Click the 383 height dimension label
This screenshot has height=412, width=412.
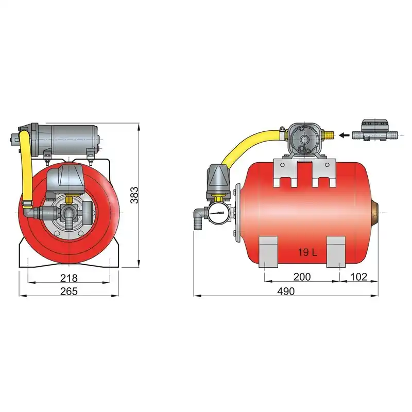134,195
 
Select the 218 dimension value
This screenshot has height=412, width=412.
69,278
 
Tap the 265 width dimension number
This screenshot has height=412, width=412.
69,291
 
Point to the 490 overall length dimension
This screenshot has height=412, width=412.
286,291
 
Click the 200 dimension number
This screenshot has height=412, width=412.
302,277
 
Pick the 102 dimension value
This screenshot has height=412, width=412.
358,277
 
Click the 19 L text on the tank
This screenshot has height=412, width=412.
307,252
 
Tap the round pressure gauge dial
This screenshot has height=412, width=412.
217,213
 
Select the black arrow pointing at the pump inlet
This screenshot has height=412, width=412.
344,135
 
